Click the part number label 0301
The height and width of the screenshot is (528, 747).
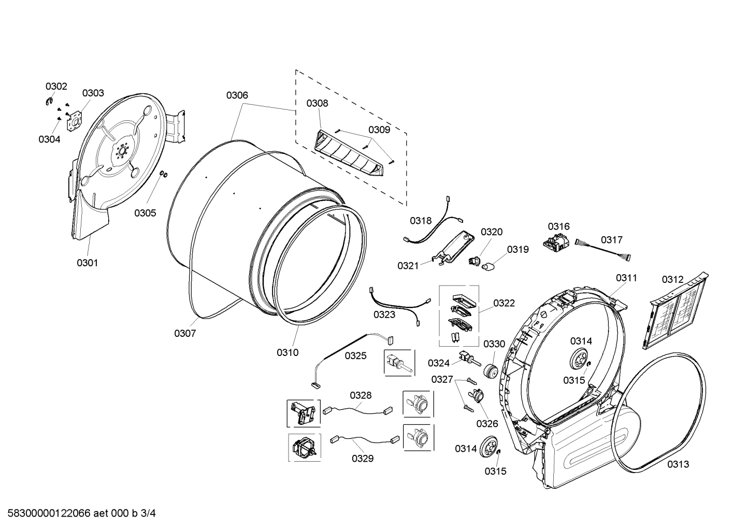(x=87, y=263)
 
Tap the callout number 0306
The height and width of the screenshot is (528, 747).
(x=237, y=95)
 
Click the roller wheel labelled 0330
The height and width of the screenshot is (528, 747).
(x=490, y=371)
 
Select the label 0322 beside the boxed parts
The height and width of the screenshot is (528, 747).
(x=504, y=303)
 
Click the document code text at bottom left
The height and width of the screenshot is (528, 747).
(x=78, y=513)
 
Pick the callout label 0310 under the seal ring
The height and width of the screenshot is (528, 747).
(x=287, y=352)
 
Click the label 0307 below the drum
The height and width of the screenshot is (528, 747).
(x=185, y=333)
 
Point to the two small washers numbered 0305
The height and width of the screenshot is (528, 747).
(x=163, y=174)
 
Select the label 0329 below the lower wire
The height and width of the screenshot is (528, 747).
(x=362, y=458)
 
